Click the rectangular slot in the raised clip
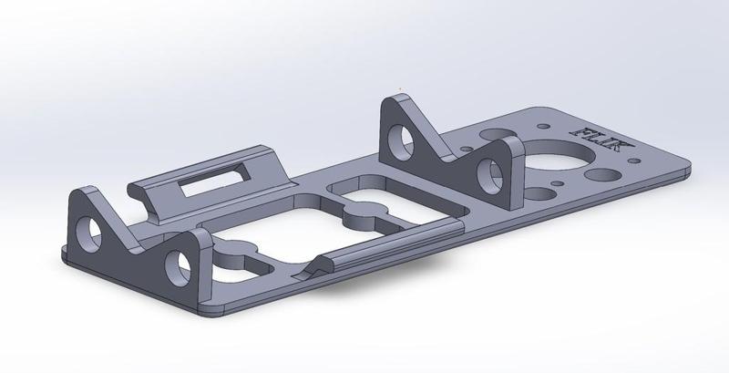point(211,184)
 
